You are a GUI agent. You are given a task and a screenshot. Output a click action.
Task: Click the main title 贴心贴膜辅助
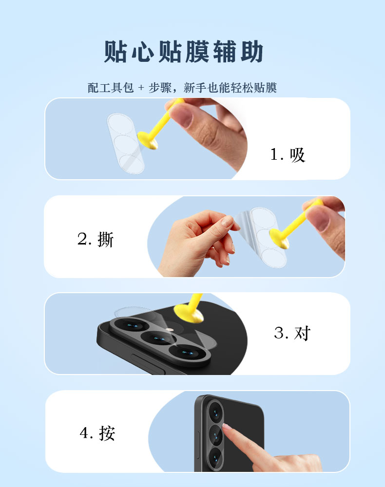184,52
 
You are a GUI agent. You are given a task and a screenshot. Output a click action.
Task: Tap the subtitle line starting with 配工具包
182,88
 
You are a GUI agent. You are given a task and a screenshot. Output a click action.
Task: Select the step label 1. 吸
288,155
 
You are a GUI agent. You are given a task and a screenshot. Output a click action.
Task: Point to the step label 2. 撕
96,239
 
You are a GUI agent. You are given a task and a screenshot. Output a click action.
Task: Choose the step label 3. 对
292,333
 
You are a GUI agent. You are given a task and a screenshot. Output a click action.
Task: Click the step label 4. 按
97,433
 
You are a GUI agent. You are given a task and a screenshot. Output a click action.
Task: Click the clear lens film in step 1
126,144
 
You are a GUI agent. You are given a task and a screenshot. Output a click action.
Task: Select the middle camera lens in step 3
158,338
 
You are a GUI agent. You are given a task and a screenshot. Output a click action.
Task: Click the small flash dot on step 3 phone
169,330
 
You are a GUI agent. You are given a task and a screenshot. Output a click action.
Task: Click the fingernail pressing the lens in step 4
227,427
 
